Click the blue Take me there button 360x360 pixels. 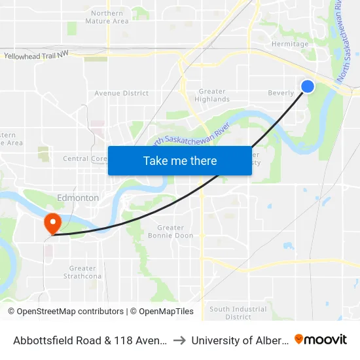tap(180, 160)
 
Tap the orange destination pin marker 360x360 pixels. tap(52, 223)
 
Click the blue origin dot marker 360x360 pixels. tap(307, 86)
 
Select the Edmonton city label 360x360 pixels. tap(78, 198)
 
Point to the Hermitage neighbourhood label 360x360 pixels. tap(290, 45)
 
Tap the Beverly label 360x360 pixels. tap(281, 93)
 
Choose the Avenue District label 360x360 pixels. tap(121, 94)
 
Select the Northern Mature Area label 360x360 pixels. tap(107, 17)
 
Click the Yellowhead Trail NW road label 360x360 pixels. tap(36, 57)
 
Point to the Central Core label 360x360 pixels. tap(84, 158)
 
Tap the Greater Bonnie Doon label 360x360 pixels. tap(170, 232)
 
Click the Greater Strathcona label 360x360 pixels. tap(82, 272)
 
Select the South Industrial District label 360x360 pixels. tap(229, 313)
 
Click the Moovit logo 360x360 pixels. tap(321, 339)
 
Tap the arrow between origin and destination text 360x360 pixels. tap(179, 340)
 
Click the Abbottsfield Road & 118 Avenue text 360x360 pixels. tap(91, 340)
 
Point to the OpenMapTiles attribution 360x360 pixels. tap(164, 312)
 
